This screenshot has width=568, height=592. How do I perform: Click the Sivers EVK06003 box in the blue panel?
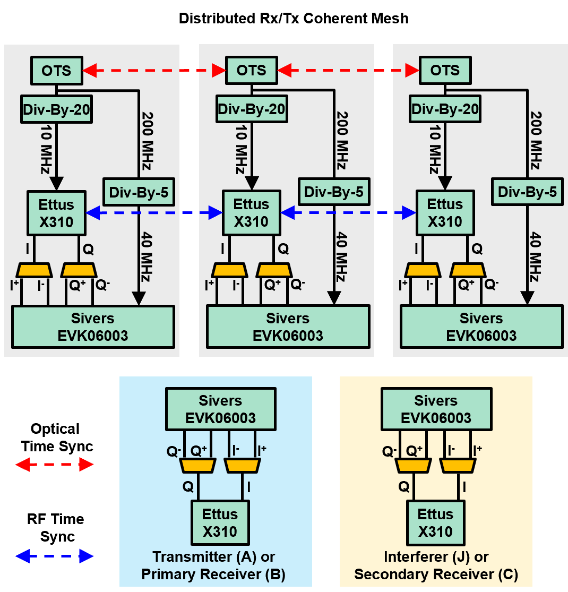[x=220, y=409]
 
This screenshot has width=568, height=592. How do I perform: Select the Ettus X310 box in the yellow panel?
[x=435, y=522]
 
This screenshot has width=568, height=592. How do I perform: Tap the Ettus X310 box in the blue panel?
[x=220, y=522]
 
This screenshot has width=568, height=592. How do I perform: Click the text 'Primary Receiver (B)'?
[x=213, y=574]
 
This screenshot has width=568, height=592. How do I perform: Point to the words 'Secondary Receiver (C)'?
[x=436, y=574]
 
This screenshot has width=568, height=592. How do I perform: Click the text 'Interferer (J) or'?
[x=436, y=557]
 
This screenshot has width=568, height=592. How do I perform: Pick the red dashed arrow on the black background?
[x=54, y=465]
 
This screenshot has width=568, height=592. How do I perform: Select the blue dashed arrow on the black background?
[x=54, y=556]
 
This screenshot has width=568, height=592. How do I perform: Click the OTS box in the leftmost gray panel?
[x=56, y=70]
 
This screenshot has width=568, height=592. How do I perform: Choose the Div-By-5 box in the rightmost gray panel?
[x=527, y=192]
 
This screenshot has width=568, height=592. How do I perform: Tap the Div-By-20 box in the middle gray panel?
[x=251, y=110]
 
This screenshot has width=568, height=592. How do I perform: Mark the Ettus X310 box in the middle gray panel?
[x=251, y=213]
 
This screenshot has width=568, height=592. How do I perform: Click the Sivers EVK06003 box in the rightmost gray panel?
[x=481, y=327]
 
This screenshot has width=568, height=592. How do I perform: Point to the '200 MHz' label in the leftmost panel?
[x=147, y=141]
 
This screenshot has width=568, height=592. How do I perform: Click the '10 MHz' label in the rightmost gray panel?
[x=435, y=151]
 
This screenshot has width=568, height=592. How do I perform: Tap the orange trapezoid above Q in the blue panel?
[x=197, y=466]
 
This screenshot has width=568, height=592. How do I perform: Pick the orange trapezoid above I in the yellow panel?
[x=457, y=466]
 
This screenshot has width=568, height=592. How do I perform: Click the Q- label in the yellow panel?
[x=389, y=451]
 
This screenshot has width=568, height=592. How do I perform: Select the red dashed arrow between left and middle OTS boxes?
[x=154, y=70]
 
